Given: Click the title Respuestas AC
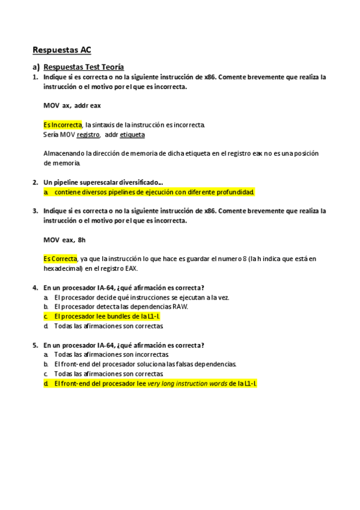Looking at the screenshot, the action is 61,50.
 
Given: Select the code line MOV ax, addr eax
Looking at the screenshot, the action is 72,105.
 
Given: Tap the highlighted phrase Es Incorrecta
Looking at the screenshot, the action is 63,124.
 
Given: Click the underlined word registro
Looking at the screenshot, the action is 88,135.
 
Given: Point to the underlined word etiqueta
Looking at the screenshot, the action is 132,135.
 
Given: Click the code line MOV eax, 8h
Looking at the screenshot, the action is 64,239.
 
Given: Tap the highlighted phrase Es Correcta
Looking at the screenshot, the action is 60,259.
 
